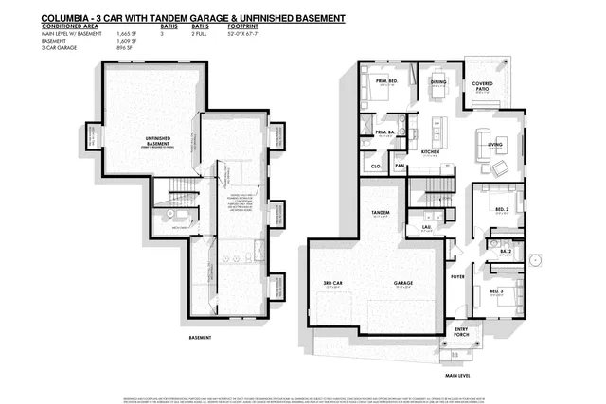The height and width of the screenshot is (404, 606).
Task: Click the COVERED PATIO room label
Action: (x=482, y=86)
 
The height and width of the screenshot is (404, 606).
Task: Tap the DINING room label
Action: (x=438, y=82)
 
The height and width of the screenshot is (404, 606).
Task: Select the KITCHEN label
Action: (x=431, y=151)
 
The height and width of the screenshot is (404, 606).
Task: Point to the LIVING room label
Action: (x=494, y=144)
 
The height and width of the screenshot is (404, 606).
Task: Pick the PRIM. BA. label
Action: (x=384, y=132)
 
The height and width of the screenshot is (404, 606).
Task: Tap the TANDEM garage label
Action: (x=382, y=214)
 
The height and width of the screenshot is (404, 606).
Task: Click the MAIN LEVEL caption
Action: (x=458, y=376)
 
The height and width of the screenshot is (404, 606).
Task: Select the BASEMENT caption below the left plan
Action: (x=200, y=338)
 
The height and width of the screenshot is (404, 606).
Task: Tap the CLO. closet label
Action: (x=375, y=166)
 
